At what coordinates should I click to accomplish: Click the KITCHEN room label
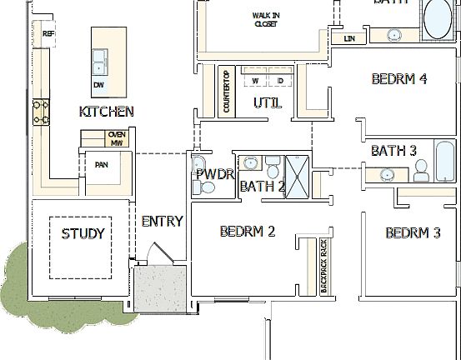pyautogui.click(x=106, y=111)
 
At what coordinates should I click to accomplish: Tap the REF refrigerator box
pyautogui.click(x=48, y=34)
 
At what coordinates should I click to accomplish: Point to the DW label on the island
pyautogui.click(x=99, y=85)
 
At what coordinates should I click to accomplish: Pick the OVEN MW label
pyautogui.click(x=116, y=138)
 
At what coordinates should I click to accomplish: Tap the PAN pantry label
pyautogui.click(x=100, y=164)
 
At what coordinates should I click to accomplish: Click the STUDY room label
pyautogui.click(x=83, y=233)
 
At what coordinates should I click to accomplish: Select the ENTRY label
pyautogui.click(x=162, y=221)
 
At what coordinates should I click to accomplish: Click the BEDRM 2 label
pyautogui.click(x=248, y=231)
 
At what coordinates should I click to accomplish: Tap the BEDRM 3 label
pyautogui.click(x=413, y=232)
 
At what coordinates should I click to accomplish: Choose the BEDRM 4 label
pyautogui.click(x=399, y=79)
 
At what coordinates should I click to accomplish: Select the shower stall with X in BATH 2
pyautogui.click(x=297, y=174)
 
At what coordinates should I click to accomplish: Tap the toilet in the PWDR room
pyautogui.click(x=200, y=162)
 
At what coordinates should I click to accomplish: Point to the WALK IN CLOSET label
pyautogui.click(x=267, y=19)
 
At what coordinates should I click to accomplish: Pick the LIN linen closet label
pyautogui.click(x=348, y=38)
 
